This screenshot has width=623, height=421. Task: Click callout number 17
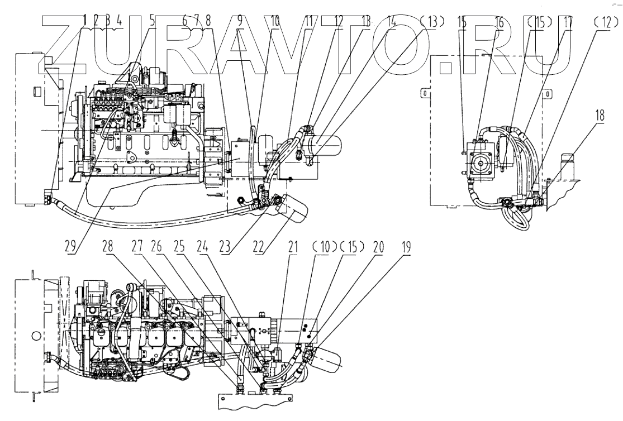click(568, 23)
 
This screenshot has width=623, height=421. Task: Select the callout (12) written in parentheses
click(604, 23)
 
